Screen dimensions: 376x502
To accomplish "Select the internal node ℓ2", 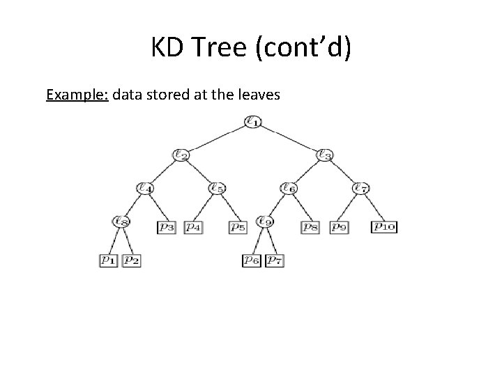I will pos(181,155).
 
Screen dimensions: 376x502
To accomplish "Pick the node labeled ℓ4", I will pos(145,188).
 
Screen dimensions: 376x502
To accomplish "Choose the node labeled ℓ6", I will pos(288,188).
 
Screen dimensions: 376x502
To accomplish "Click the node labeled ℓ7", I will pos(360,188).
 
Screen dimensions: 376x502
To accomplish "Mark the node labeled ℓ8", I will pos(121,222).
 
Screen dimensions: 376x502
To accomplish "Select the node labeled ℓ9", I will pos(264,222).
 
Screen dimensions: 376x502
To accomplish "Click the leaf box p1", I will pos(109,260).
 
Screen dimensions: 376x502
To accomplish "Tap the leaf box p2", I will pos(132,260).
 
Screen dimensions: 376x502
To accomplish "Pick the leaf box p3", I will pos(167,226).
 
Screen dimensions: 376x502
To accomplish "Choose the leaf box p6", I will pos(252,260).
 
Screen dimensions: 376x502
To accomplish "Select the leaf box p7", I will pos(275,260).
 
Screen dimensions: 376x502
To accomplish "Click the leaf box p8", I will pos(310,226).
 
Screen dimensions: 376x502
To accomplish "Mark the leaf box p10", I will pos(384,226).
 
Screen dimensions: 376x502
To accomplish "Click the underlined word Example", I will pos(77,95).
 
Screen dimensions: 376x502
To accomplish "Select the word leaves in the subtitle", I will pos(257,95).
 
